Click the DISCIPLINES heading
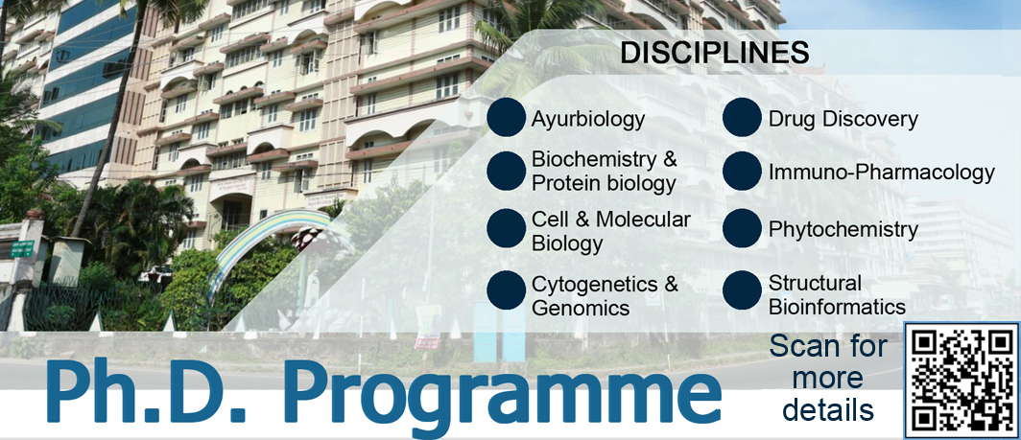pos(714,54)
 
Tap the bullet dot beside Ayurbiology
pos(506,117)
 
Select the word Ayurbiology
pos(588,120)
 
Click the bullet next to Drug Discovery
pos(742,117)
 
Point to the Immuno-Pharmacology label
pos(881,173)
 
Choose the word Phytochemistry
pos(843,229)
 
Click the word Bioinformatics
pos(837,307)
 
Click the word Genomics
pos(581,308)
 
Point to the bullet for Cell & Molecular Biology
pos(506,228)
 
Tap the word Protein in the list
pos(562,184)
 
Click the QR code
pos(962,381)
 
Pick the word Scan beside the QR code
pos(798,346)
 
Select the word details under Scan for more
pos(828,410)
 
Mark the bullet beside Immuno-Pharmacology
pos(742,172)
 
